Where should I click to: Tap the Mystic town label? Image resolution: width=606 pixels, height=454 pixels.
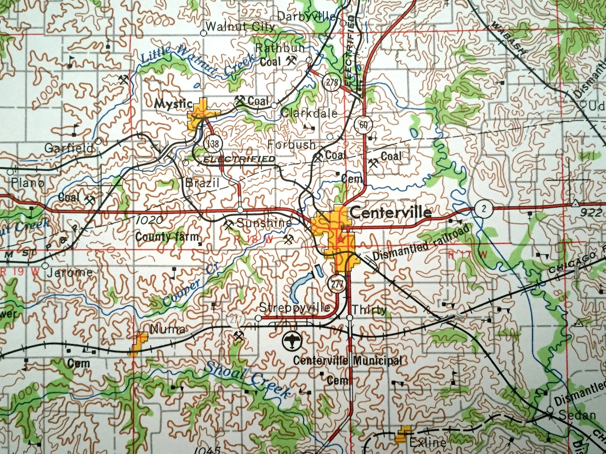pyautogui.click(x=173, y=103)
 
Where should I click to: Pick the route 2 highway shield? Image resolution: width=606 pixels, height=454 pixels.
pyautogui.click(x=484, y=208)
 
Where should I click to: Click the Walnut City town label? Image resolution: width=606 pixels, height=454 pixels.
pyautogui.click(x=240, y=27)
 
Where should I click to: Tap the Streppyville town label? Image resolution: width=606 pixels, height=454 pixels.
pyautogui.click(x=295, y=308)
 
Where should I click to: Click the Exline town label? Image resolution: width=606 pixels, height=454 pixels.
pyautogui.click(x=427, y=443)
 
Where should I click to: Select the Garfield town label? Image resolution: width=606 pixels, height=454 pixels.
pyautogui.click(x=69, y=148)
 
